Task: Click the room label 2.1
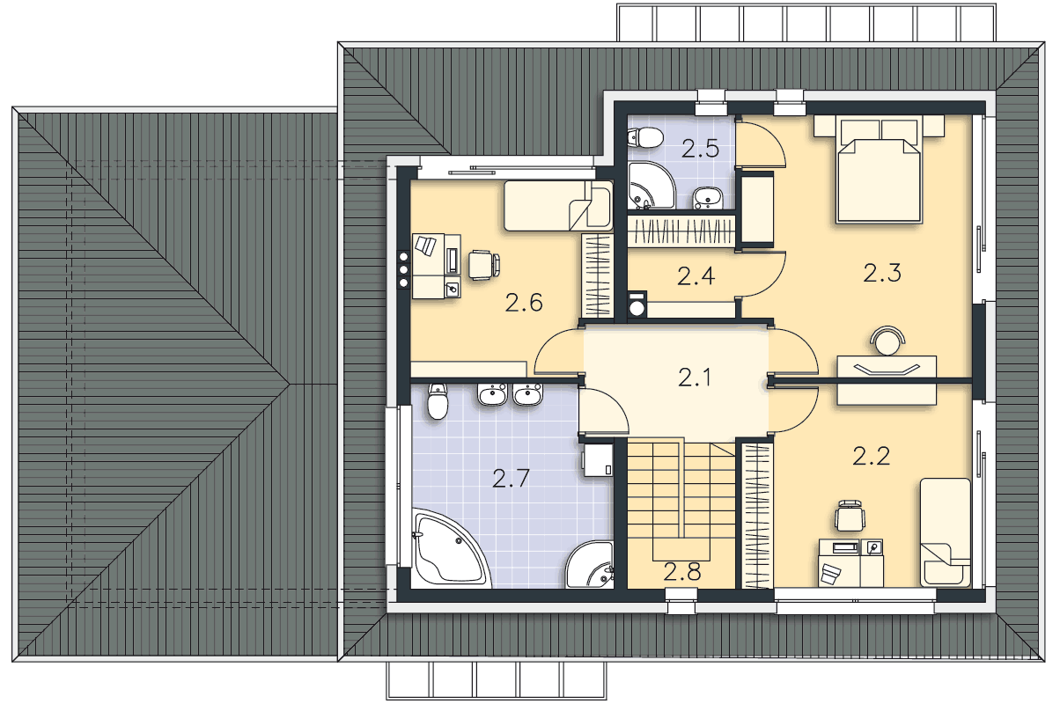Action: [695, 378]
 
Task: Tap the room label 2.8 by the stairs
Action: [682, 572]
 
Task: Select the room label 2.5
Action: [701, 149]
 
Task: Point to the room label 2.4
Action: [696, 276]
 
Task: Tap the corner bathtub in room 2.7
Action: [451, 549]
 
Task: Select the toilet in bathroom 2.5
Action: [644, 137]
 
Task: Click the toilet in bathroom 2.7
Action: [438, 401]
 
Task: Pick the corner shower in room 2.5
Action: [651, 186]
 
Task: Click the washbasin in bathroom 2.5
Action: [708, 198]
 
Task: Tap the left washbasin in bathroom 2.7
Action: [492, 394]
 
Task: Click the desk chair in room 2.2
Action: [850, 515]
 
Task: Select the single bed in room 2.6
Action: [558, 205]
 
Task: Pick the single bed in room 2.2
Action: [946, 532]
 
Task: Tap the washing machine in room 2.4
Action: [637, 304]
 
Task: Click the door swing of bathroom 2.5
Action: [761, 143]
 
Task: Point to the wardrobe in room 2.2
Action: [756, 517]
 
